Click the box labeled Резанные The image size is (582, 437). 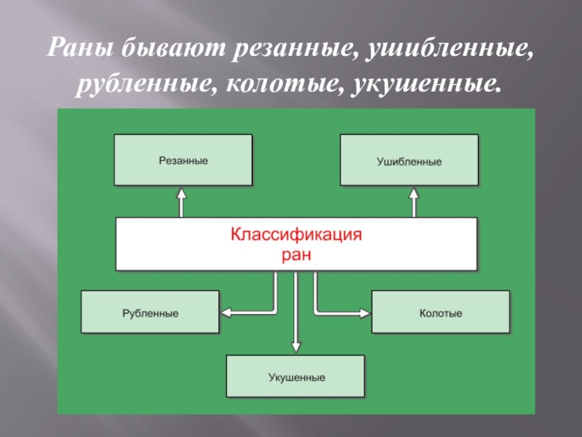183,160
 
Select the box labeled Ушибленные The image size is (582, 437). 409,160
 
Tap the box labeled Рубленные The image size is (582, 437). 150,312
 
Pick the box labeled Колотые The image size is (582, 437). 440,312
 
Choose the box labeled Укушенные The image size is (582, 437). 295,377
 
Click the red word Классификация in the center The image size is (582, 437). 296,235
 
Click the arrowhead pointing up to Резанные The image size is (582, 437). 183,194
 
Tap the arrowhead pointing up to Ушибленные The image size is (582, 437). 414,194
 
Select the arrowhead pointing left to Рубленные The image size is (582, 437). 226,312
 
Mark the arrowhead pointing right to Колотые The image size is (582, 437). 365,312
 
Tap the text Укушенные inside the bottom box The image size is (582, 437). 295,378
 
